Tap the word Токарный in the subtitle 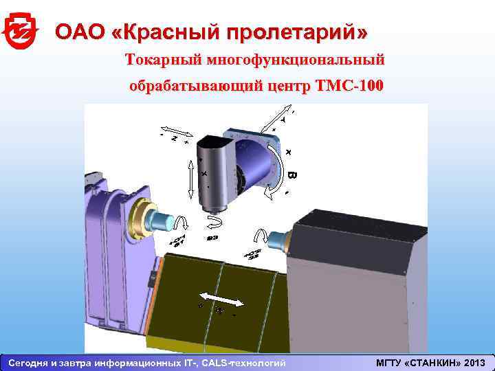pos(162,60)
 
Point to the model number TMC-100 pos(349,87)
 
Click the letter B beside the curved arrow pos(291,175)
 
